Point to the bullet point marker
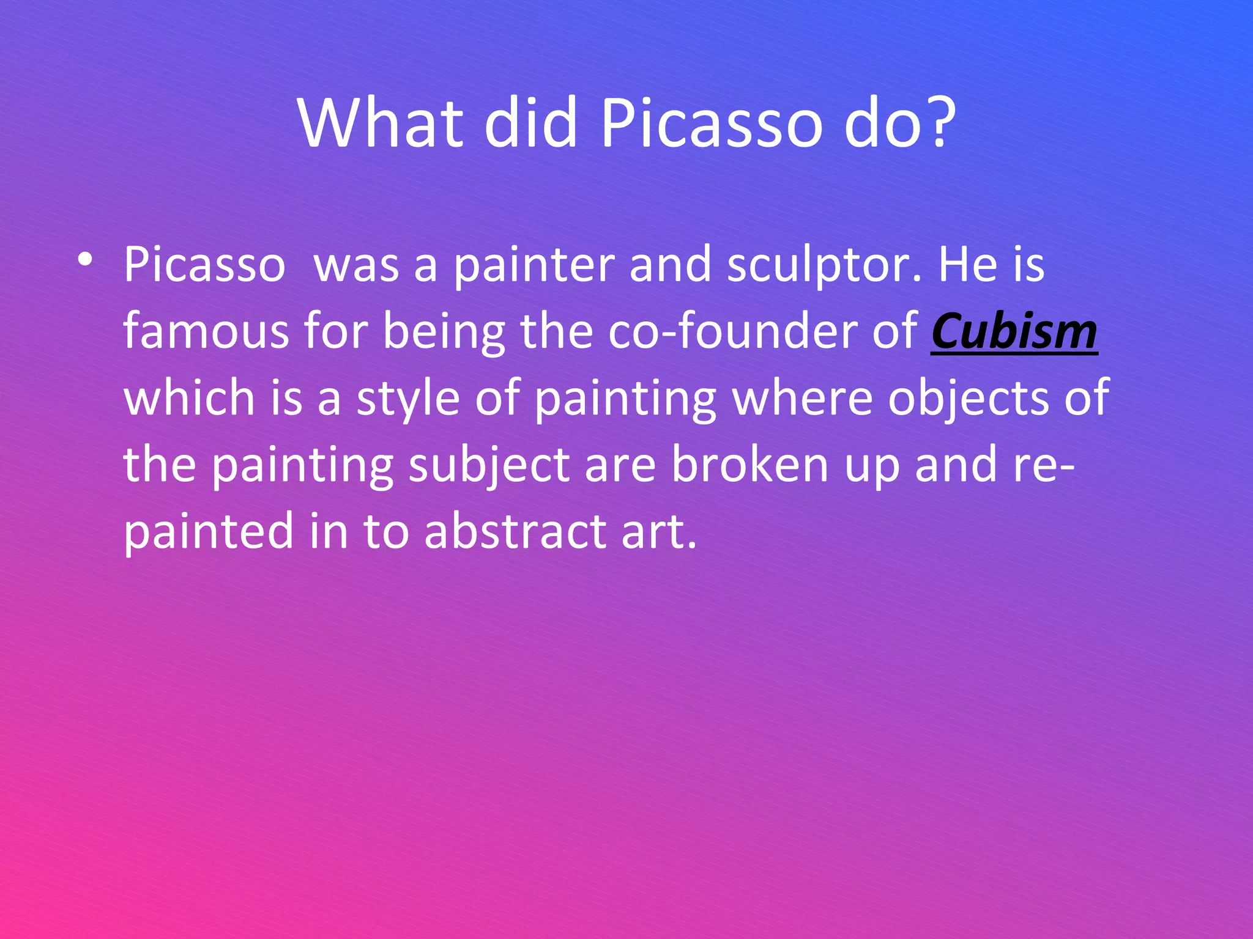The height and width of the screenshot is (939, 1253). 85,260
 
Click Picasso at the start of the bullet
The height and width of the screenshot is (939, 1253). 204,265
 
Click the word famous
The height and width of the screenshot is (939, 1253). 206,331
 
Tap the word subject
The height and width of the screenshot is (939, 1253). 489,465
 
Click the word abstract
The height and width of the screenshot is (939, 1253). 515,531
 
